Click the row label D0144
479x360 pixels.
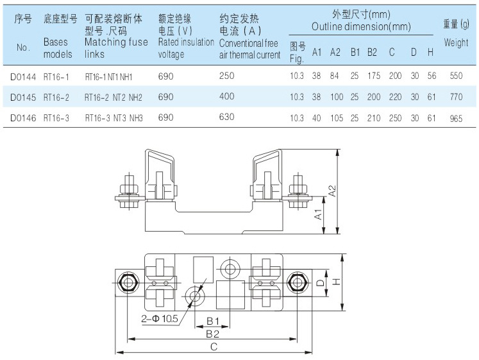(x=23, y=76)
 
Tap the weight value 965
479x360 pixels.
(x=456, y=118)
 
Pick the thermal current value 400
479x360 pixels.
(x=226, y=97)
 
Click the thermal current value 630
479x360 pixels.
(x=226, y=118)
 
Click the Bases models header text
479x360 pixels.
(x=58, y=48)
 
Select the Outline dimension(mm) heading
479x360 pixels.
(x=361, y=27)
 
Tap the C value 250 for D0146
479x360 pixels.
(x=395, y=118)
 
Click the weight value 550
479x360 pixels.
(x=456, y=76)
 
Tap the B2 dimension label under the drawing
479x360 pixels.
(x=213, y=334)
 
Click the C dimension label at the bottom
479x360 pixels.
(x=214, y=347)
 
